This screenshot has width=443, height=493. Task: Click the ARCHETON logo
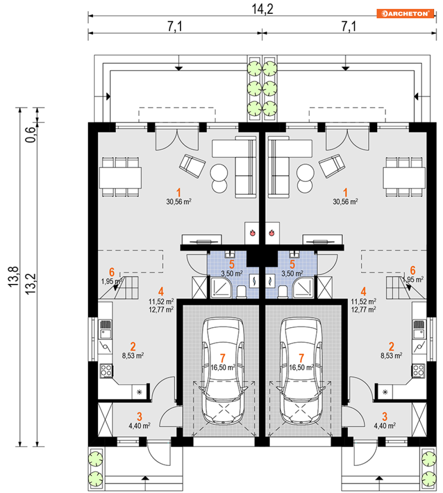coord(405,13)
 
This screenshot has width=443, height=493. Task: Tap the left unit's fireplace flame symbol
coord(252,232)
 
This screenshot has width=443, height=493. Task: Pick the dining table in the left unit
coord(120,177)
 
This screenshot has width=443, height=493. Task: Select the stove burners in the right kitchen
coord(419,369)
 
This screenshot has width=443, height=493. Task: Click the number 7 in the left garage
coord(224,358)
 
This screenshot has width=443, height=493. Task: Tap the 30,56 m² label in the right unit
coord(345,201)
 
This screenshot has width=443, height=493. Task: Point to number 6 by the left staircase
coord(112,271)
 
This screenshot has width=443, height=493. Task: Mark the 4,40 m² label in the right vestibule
coord(385,426)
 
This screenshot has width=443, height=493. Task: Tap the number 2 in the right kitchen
coord(391,346)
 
